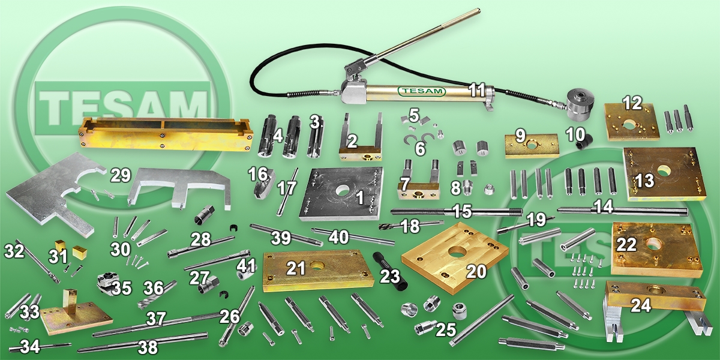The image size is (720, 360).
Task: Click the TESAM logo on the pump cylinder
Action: [422, 91]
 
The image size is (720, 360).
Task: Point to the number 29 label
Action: [121, 175]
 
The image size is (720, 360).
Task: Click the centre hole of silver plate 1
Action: [343, 190]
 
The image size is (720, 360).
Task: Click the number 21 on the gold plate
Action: [296, 268]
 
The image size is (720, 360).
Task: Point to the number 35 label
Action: [121, 289]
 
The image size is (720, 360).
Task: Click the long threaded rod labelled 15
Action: [457, 211]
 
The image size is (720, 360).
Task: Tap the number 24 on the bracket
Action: [641, 305]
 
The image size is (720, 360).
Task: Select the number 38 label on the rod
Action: [148, 347]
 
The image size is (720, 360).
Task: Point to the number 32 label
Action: [14, 251]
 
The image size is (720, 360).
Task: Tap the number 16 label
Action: [257, 175]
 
